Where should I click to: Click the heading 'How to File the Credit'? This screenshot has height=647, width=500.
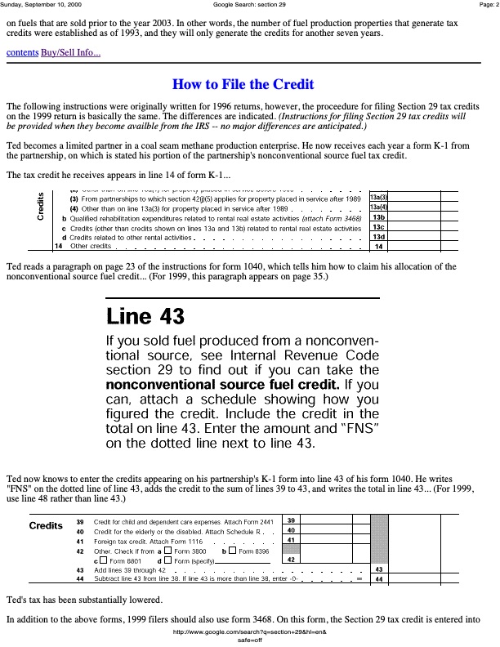243,84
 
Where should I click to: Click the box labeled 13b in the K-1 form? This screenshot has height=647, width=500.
378,217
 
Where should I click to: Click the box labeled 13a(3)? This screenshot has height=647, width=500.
378,198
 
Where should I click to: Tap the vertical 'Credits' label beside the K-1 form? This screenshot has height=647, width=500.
40,207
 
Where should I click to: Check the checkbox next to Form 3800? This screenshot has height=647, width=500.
167,551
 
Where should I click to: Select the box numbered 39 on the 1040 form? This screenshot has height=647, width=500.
292,520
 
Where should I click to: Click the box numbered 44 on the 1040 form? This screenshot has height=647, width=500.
378,578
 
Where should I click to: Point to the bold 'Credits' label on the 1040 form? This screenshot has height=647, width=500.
46,524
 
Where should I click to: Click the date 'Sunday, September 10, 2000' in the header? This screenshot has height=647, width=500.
39,5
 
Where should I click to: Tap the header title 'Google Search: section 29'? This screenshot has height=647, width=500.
249,5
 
